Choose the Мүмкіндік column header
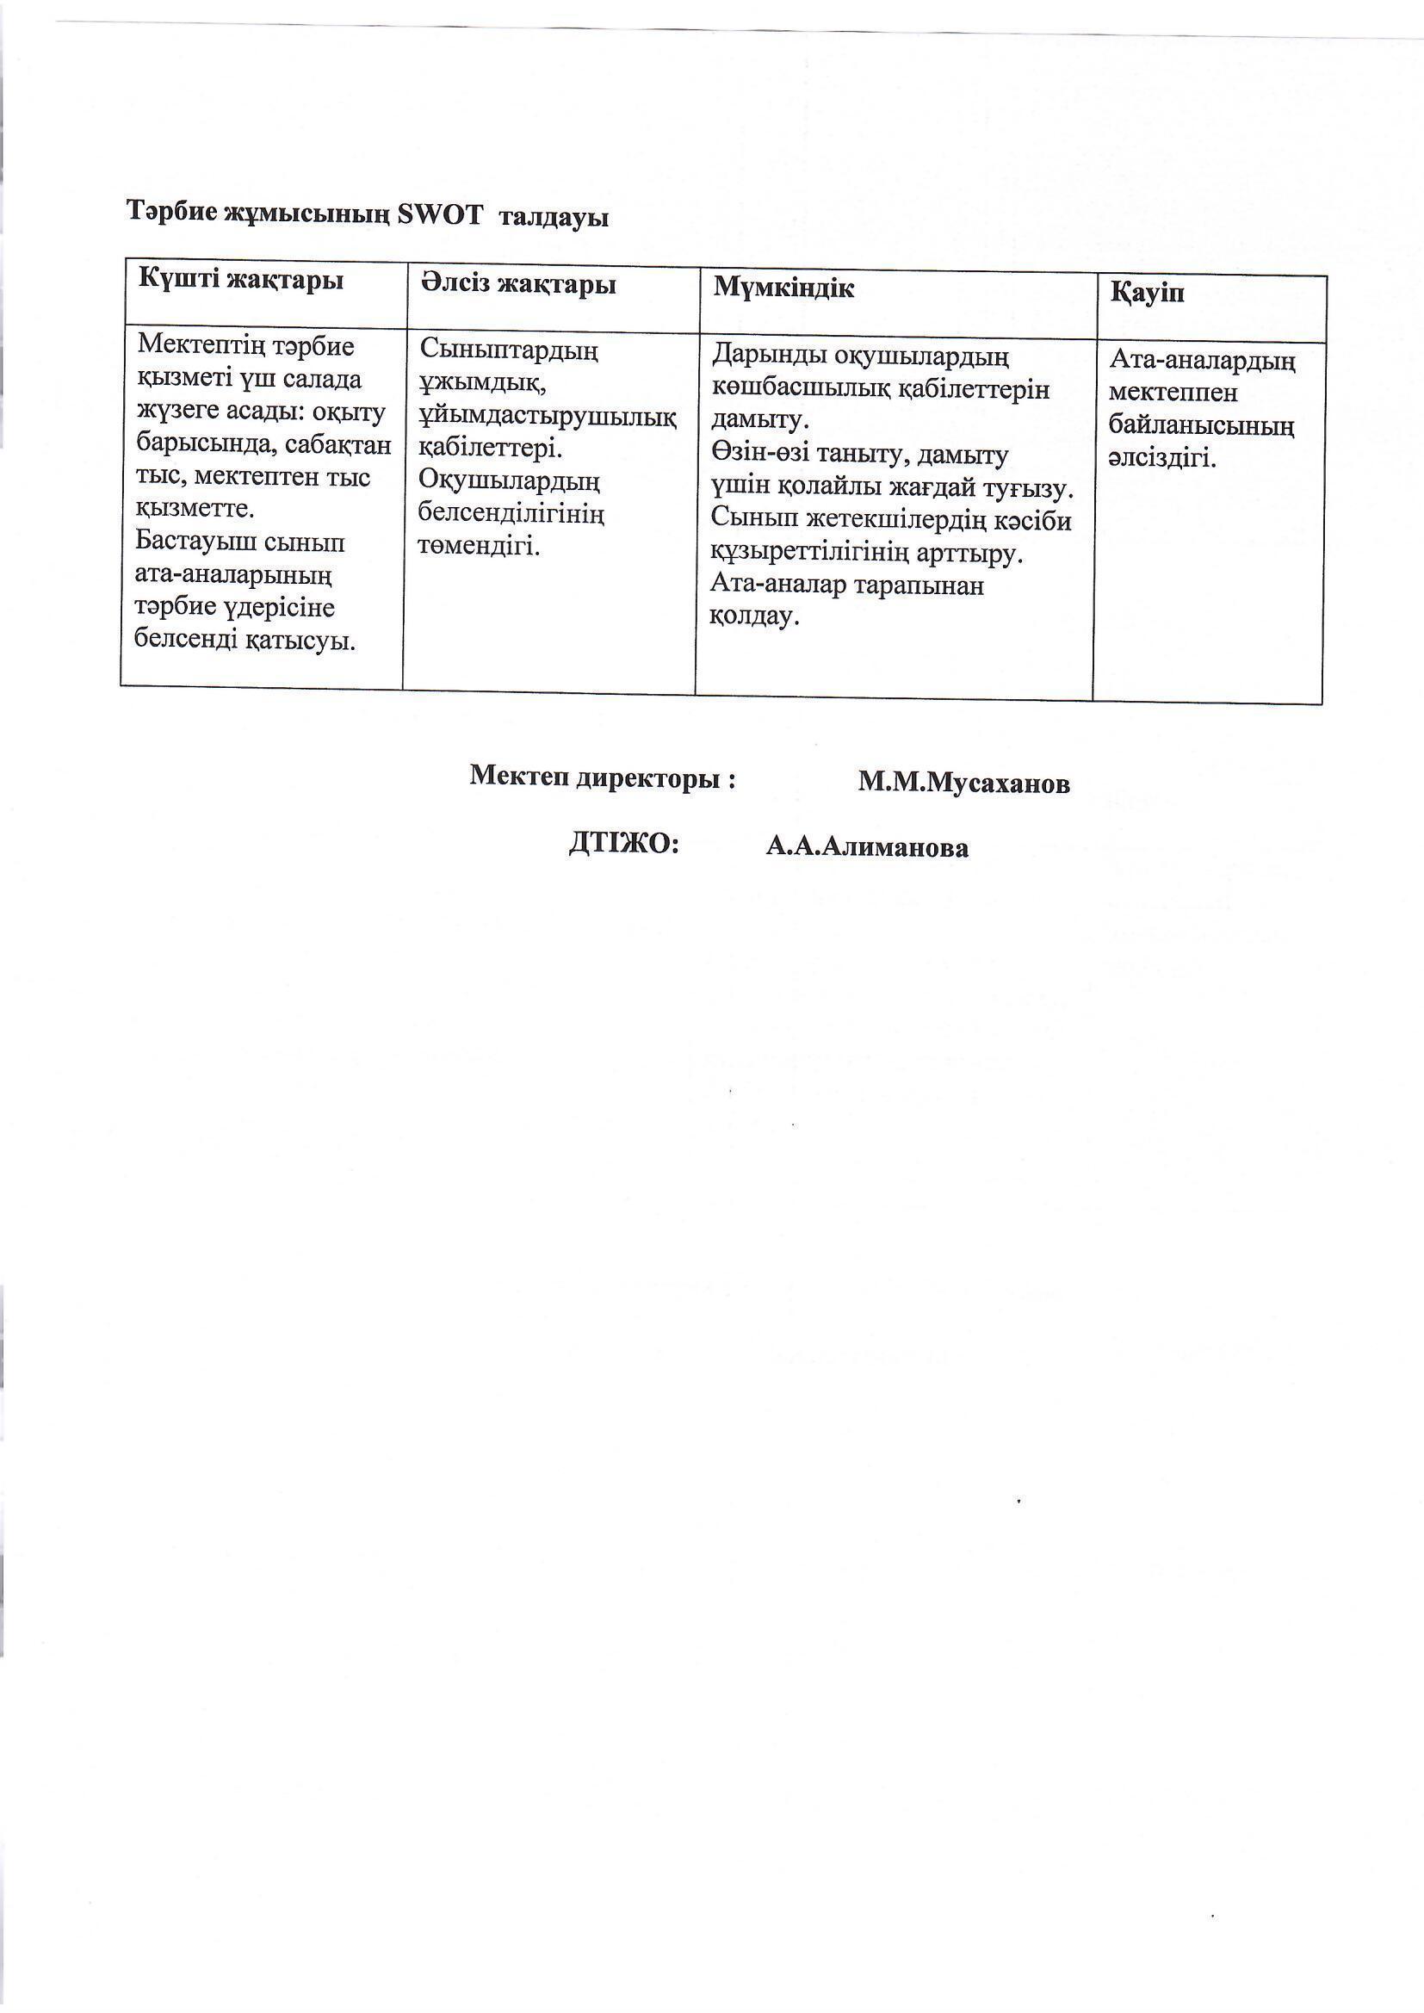click(x=782, y=288)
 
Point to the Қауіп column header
click(x=1147, y=294)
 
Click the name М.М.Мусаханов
click(x=963, y=784)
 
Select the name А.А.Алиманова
click(x=866, y=848)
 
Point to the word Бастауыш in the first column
click(x=191, y=542)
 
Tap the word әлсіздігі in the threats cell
click(x=1161, y=459)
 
